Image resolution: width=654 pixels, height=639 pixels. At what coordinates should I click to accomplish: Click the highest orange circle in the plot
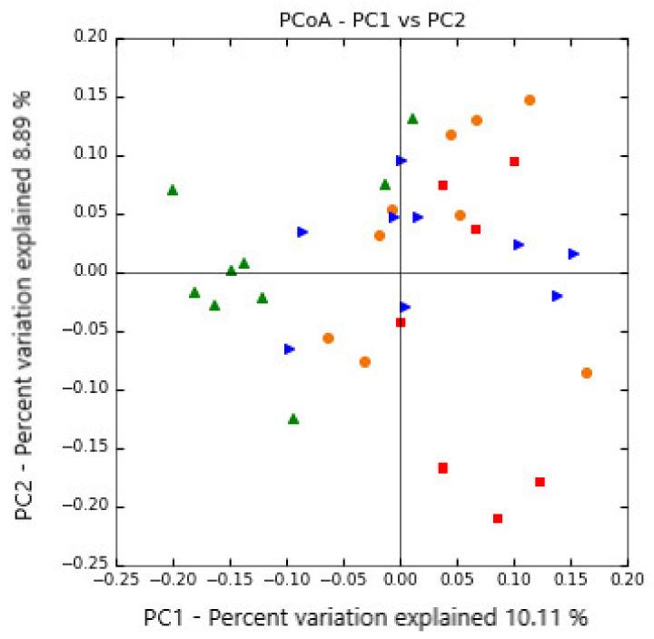(530, 100)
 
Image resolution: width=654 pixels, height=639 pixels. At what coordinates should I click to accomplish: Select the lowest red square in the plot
(498, 518)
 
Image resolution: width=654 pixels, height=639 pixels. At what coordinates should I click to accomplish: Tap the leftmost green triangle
(173, 190)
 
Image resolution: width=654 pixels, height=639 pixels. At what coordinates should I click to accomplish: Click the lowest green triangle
(293, 418)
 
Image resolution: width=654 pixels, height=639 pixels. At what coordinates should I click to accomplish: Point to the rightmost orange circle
(587, 373)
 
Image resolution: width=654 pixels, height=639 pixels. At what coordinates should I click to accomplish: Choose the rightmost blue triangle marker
(574, 254)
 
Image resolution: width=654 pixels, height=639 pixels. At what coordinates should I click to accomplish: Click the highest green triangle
(412, 118)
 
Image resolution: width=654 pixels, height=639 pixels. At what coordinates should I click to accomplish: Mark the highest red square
(514, 162)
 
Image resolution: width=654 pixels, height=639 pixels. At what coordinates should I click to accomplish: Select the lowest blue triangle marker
(290, 349)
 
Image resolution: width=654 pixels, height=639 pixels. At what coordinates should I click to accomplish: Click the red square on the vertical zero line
(401, 322)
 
